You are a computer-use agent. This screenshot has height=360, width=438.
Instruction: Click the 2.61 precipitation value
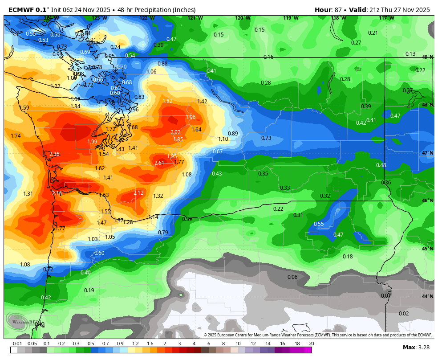click(159, 163)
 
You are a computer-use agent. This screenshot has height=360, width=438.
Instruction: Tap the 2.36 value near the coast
click(54, 154)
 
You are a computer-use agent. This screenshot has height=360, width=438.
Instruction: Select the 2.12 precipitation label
click(138, 192)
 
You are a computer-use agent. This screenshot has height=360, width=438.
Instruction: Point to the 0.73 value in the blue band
click(266, 138)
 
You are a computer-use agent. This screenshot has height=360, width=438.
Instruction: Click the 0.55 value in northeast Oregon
click(319, 224)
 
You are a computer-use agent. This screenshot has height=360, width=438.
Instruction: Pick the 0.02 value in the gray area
click(403, 314)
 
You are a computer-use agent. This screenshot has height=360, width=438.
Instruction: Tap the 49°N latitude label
click(427, 57)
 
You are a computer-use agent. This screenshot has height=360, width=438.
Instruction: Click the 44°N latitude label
click(427, 296)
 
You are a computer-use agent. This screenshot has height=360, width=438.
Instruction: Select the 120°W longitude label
click(243, 18)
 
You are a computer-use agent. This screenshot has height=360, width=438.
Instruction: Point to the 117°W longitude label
click(386, 18)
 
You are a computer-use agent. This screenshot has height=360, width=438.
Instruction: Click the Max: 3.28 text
click(415, 347)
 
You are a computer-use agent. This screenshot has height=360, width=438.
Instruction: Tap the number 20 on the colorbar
click(311, 344)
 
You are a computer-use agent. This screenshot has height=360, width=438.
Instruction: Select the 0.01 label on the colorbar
click(17, 344)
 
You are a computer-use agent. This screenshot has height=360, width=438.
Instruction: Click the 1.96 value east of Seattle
click(191, 117)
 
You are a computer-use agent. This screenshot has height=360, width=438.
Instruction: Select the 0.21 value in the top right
click(373, 33)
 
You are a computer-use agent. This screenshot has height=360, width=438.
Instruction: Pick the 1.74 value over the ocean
click(16, 136)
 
